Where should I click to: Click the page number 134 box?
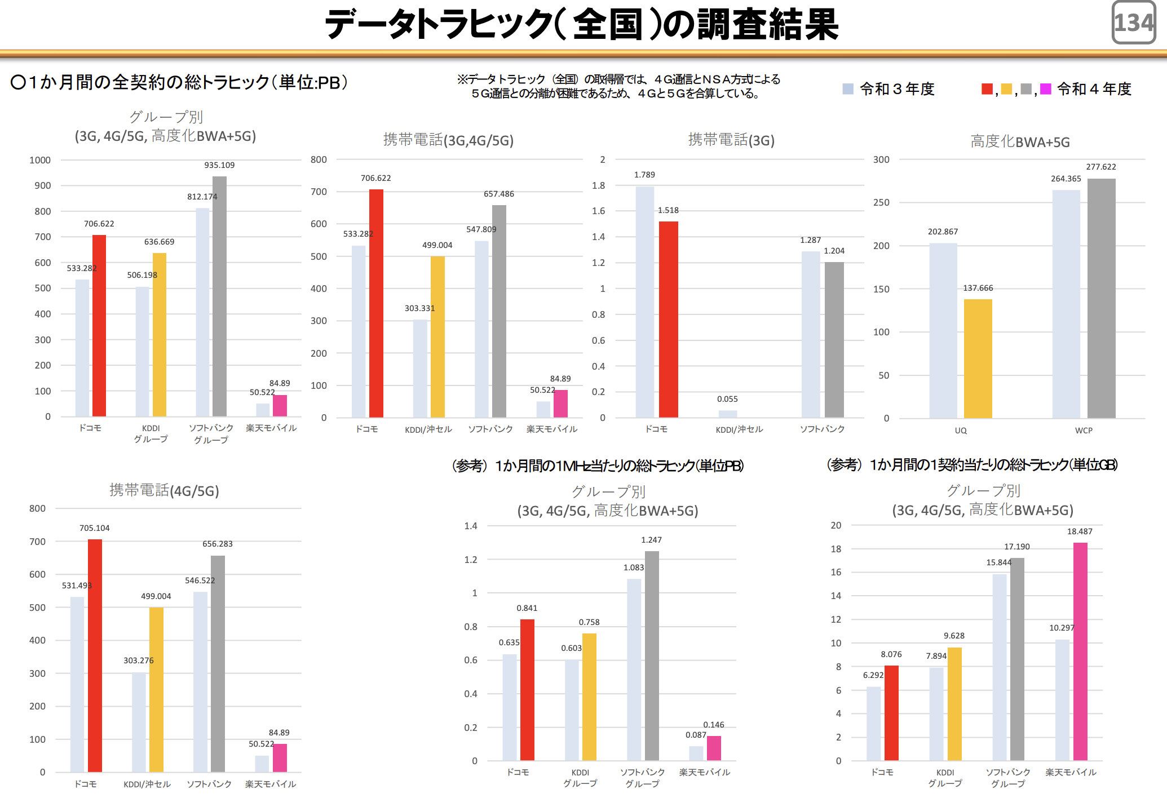tap(1134, 23)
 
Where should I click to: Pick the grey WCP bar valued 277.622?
tap(1101, 298)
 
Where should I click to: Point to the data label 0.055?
tap(727, 399)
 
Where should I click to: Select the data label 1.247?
tap(651, 540)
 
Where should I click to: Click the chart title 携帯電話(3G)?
tap(731, 140)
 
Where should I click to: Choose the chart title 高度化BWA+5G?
tap(1020, 142)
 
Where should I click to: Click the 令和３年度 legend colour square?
tap(848, 89)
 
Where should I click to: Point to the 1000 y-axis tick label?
tap(40, 160)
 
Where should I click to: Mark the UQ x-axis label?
tap(961, 431)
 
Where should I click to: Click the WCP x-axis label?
tap(1084, 431)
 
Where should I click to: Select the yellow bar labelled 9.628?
tap(954, 704)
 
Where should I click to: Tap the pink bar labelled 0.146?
tap(714, 748)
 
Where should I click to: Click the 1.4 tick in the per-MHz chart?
tap(471, 526)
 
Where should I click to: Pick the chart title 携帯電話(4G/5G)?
tap(164, 490)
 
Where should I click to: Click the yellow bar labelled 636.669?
tap(160, 335)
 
